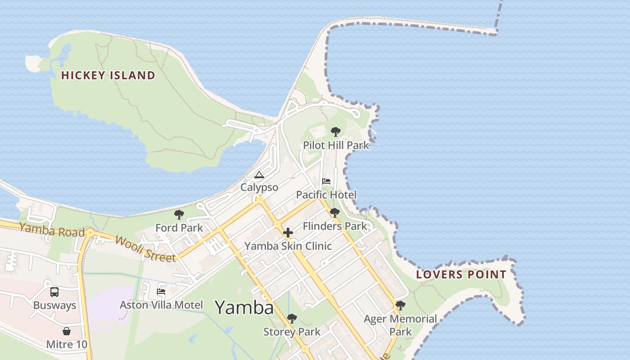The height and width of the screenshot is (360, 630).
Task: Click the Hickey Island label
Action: point(108,75)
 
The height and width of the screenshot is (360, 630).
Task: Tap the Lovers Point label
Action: point(461,274)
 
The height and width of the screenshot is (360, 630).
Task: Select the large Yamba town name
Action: point(244,307)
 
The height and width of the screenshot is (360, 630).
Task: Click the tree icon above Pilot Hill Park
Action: point(335,132)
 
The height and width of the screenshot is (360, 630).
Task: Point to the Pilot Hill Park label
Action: point(336,145)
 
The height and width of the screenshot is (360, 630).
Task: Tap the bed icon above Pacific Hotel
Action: point(326,181)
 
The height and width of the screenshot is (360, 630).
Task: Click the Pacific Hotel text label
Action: point(326,195)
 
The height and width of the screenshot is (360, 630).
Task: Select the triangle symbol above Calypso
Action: point(259,175)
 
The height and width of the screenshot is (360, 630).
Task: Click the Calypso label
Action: point(259,187)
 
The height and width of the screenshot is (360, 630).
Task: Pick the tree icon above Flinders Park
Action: point(334,213)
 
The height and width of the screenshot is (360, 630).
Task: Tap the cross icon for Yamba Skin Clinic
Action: point(288,233)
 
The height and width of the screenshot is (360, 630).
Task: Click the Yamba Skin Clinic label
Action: point(288,246)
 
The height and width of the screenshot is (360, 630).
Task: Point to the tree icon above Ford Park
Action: point(179,215)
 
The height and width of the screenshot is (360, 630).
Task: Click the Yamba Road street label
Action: point(52,230)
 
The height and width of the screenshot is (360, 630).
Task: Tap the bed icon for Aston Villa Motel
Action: point(161,292)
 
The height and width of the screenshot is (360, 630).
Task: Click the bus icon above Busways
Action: point(54,292)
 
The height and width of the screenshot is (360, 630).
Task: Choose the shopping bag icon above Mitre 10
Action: point(67,332)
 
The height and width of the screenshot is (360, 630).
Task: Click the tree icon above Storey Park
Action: point(292,319)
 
